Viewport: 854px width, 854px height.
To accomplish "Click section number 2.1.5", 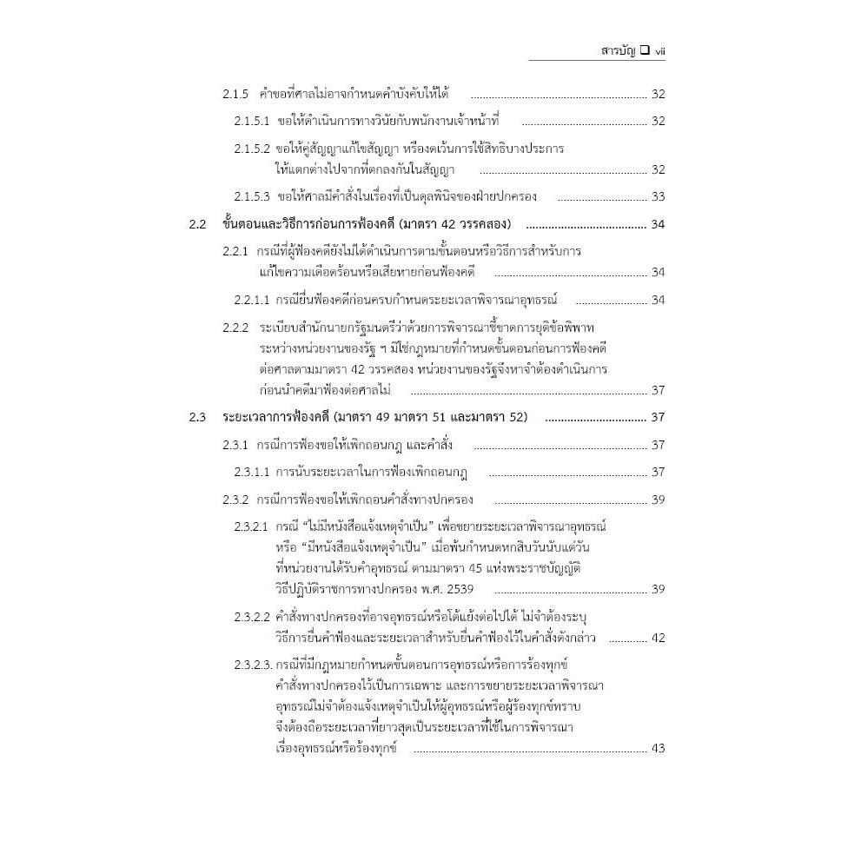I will pos(235,94).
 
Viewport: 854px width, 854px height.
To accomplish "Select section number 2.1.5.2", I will pos(252,149).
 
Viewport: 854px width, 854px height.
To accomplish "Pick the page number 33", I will pos(658,197).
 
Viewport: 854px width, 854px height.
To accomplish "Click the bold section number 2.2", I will pos(198,225).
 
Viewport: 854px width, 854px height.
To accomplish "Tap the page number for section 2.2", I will pos(658,225).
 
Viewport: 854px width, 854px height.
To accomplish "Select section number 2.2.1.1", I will pos(252,301).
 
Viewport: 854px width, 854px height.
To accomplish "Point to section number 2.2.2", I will pos(235,328).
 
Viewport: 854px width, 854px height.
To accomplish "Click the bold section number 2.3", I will pos(198,418).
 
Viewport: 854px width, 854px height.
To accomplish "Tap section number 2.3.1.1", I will pos(252,473).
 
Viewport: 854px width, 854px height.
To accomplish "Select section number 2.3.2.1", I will pos(252,527).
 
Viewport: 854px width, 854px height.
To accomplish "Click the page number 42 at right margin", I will pos(658,638).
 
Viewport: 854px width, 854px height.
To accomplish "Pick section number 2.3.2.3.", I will pos(253,665).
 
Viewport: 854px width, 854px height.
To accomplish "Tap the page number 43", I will pos(658,748).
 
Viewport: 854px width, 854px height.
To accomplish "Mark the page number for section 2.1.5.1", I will pos(658,121).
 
